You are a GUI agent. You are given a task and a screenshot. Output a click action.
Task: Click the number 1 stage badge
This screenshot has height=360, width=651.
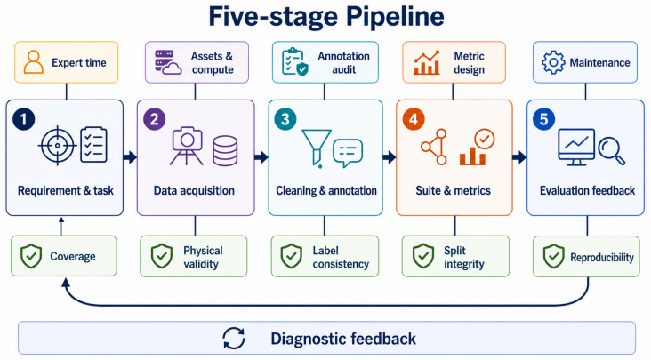24,119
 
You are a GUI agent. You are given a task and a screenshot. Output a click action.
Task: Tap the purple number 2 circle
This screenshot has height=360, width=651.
155,119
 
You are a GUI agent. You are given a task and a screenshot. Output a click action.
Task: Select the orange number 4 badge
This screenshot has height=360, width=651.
414,119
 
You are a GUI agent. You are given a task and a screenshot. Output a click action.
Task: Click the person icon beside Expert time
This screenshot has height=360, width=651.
34,62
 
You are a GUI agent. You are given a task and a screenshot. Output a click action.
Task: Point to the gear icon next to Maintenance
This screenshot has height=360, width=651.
553,62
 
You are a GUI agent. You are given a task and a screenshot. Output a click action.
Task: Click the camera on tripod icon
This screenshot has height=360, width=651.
187,146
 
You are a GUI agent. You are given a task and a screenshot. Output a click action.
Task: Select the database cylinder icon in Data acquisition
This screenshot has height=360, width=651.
225,150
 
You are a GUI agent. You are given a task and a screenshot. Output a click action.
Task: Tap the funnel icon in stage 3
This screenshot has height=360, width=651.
317,148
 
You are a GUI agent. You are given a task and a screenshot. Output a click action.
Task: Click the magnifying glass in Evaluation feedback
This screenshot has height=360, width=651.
612,151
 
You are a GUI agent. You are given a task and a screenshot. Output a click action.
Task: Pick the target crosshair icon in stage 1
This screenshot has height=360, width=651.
57,146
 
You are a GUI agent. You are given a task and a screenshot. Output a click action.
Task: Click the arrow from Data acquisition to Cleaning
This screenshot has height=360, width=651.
261,157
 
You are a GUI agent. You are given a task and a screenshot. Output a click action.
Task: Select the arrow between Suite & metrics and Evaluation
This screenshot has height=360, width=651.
519,157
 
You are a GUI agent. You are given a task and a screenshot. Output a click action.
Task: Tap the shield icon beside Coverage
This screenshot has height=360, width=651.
31,256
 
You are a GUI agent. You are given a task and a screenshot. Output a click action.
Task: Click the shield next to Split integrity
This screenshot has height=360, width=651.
423,256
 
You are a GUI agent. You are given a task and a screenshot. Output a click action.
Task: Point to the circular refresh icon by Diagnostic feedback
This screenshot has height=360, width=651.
234,339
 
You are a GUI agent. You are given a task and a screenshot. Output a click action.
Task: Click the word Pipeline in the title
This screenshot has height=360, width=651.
395,18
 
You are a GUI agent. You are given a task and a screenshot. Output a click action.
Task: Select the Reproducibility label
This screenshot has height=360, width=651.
602,258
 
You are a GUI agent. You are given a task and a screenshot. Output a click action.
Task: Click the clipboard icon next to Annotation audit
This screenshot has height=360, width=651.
294,62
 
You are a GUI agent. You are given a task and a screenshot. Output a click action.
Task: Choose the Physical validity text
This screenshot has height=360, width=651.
203,257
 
